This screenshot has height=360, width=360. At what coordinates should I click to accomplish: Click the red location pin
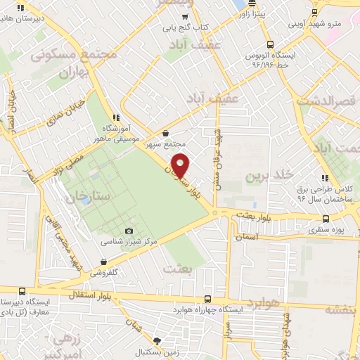point(181,166)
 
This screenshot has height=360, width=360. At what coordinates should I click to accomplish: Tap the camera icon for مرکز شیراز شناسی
point(129,231)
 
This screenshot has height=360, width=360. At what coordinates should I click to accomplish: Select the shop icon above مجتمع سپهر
point(165,133)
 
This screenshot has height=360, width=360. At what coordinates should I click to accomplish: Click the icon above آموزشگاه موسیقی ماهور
point(116,118)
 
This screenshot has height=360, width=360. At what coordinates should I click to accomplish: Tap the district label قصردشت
point(328,102)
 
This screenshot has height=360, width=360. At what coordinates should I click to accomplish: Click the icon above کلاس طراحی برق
point(324,179)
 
